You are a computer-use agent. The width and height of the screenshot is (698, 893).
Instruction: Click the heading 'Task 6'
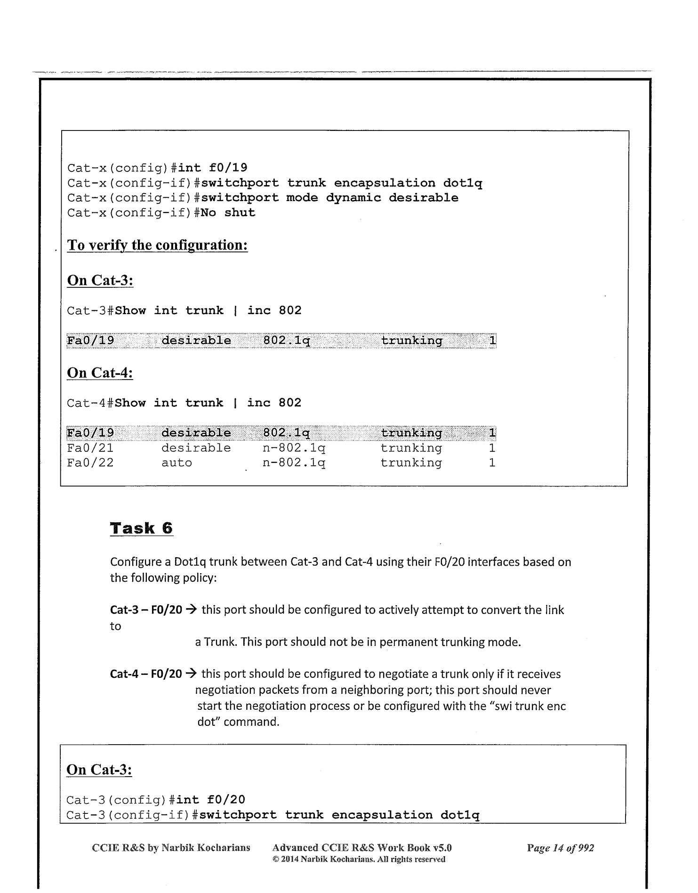(141, 528)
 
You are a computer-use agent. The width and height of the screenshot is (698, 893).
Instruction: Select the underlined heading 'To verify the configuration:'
(157, 245)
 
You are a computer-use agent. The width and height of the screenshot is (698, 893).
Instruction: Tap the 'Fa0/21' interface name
(90, 448)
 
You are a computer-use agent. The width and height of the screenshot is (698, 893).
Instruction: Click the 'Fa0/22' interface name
(90, 463)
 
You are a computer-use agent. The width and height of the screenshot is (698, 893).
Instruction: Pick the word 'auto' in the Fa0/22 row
(177, 463)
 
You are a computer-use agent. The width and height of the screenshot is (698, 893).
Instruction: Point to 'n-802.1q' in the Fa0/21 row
(294, 448)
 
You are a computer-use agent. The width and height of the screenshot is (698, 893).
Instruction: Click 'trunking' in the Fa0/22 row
(411, 463)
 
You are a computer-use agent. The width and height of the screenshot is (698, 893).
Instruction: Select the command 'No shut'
(228, 212)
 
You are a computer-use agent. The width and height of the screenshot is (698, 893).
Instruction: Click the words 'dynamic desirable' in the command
(392, 197)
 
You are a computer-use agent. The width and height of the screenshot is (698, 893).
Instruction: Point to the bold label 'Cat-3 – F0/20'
(146, 610)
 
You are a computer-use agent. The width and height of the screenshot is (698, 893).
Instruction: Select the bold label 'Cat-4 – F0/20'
(146, 674)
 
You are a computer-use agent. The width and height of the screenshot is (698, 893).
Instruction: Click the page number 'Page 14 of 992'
(560, 848)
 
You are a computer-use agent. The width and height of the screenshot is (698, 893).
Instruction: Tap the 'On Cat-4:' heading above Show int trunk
(100, 373)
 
